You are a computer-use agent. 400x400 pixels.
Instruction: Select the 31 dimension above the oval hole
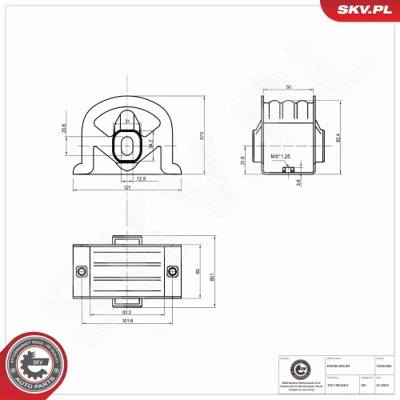128,122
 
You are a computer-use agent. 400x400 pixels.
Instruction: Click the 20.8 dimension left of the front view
63,128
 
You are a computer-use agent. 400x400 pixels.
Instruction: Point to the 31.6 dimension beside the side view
243,159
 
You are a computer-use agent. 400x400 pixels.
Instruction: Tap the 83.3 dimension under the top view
127,312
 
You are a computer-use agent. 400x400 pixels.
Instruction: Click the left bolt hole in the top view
81,271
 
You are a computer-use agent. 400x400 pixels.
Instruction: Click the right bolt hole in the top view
173,271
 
